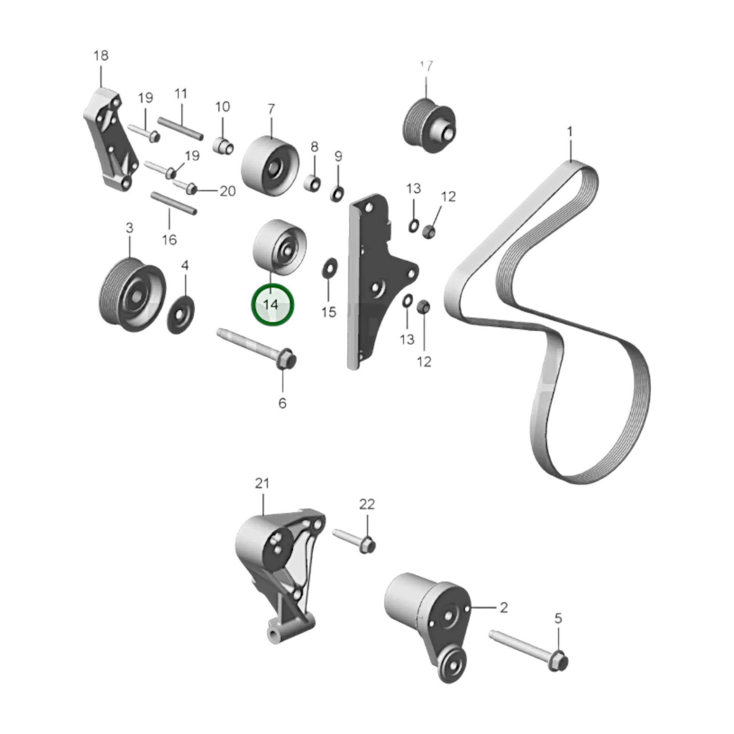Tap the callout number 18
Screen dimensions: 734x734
click(101, 56)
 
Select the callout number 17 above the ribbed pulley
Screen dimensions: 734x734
click(426, 66)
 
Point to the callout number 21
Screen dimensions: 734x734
click(262, 483)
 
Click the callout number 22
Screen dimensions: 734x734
click(367, 504)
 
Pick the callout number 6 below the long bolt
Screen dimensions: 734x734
click(282, 403)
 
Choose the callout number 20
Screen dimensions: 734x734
click(228, 191)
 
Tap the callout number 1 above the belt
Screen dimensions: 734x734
click(570, 132)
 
